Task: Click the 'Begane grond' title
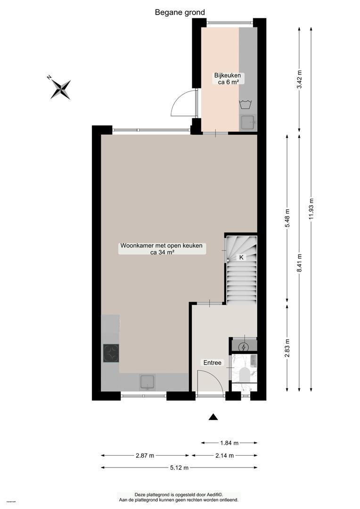[180, 12]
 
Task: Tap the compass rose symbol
[60, 89]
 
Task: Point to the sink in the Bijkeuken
[248, 123]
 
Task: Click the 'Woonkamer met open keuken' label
[161, 246]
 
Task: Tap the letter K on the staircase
[241, 257]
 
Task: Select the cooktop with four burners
[111, 353]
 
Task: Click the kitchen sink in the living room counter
[147, 382]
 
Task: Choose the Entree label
[213, 362]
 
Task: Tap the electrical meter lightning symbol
[244, 347]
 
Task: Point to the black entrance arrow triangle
[213, 417]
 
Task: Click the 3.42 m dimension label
[300, 79]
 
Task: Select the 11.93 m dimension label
[311, 209]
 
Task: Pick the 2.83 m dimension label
[287, 348]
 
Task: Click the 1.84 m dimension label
[229, 443]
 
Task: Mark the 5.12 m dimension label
[179, 468]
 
